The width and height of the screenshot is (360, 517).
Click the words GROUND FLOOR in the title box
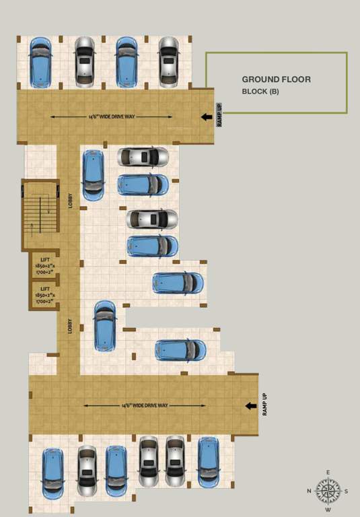coord(276,79)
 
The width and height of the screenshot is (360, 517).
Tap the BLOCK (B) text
coord(260,92)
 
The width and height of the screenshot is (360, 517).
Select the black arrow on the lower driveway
coord(250,406)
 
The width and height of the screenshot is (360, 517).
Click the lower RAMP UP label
coord(265,405)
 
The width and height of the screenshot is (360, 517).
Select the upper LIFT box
coord(44,265)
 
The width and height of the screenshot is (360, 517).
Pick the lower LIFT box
coord(44,294)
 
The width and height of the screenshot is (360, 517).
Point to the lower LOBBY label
coord(70,327)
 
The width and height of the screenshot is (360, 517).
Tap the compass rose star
coord(328,491)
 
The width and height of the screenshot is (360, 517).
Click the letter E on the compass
coord(328,473)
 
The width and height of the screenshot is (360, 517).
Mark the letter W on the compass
coord(328,510)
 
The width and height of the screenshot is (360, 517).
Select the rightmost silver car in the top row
coord(168,61)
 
